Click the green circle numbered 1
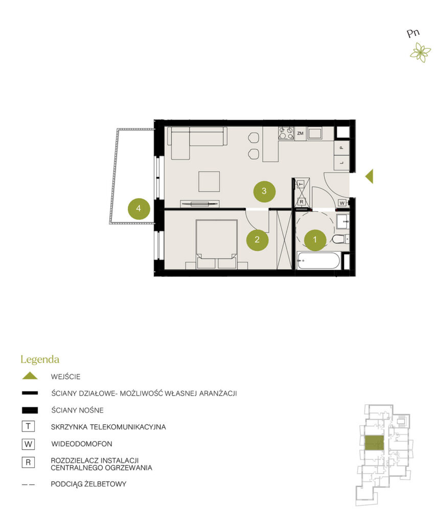click(x=315, y=240)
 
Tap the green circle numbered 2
click(x=257, y=239)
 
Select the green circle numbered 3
click(x=264, y=191)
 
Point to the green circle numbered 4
click(x=139, y=209)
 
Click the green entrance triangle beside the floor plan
click(x=370, y=176)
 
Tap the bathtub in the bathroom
click(x=318, y=260)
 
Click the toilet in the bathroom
click(x=340, y=239)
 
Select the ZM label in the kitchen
click(x=300, y=134)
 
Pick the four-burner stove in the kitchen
click(x=286, y=133)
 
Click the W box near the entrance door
click(x=342, y=203)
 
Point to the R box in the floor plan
click(x=302, y=202)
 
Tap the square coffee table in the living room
click(x=209, y=182)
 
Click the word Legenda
click(x=40, y=360)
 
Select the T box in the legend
click(x=29, y=426)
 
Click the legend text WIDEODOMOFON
click(x=82, y=444)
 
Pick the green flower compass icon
click(x=420, y=53)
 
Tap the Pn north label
click(x=413, y=33)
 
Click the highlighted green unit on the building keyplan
click(x=374, y=443)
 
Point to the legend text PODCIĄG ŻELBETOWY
click(x=88, y=484)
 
